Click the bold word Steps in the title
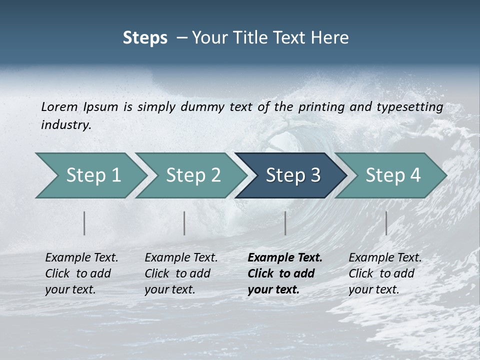coord(145,37)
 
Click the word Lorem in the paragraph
coord(59,106)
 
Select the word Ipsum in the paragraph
coord(100,106)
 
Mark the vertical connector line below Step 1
coord(84,223)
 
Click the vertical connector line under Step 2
coord(184,223)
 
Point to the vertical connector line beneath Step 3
coord(285,223)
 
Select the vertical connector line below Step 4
coord(386,223)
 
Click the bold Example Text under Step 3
coord(285,258)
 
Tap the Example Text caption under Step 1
coord(81,258)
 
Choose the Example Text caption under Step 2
coord(181,258)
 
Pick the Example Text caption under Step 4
coord(385,258)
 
